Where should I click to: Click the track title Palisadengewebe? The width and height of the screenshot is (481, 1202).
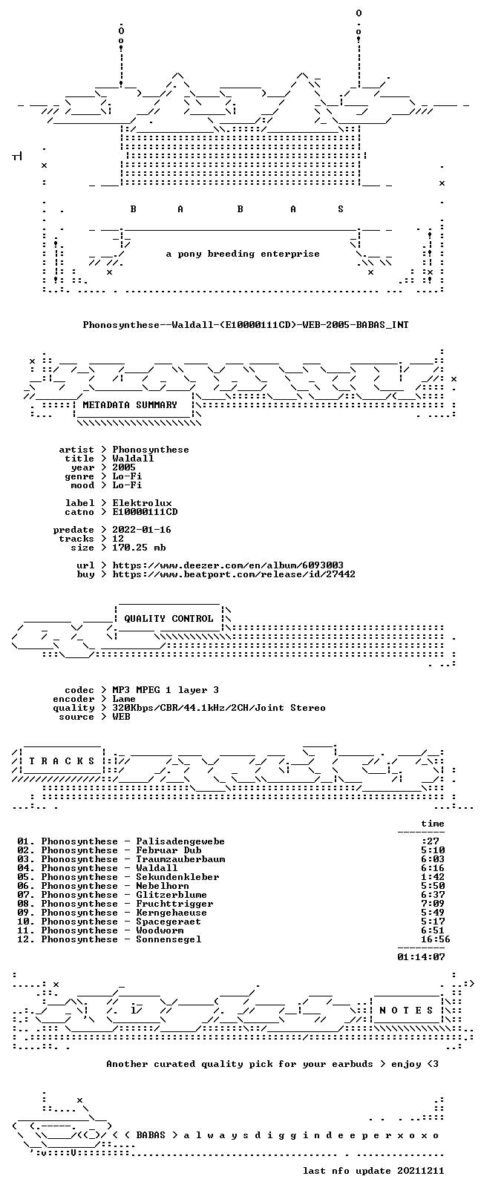(180, 841)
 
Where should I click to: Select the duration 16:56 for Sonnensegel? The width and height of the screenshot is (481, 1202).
(436, 939)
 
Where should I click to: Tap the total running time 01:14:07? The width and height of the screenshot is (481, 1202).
(421, 956)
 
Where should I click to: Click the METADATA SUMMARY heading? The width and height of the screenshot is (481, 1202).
(130, 404)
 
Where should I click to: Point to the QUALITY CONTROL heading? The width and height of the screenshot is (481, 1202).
(168, 618)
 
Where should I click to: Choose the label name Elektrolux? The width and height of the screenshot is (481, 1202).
(143, 503)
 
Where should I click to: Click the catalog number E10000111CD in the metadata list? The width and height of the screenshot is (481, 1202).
(145, 512)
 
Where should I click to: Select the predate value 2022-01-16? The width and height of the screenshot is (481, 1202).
(142, 530)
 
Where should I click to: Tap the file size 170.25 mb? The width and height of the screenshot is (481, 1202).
(139, 548)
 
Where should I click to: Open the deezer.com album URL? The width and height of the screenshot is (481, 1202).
(228, 565)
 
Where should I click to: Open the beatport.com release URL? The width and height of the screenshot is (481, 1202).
(234, 574)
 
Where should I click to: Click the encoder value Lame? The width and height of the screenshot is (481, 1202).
(124, 699)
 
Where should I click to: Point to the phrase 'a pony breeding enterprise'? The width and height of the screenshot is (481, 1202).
(243, 254)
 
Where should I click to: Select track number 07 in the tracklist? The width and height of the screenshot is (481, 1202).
(24, 895)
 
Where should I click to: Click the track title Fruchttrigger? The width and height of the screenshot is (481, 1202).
(174, 904)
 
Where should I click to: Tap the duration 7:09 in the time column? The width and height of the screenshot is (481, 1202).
(433, 904)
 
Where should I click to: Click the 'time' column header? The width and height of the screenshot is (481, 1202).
(433, 823)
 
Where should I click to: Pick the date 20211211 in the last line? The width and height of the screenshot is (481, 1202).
(421, 1170)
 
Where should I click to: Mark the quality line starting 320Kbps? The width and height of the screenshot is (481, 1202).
(218, 708)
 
